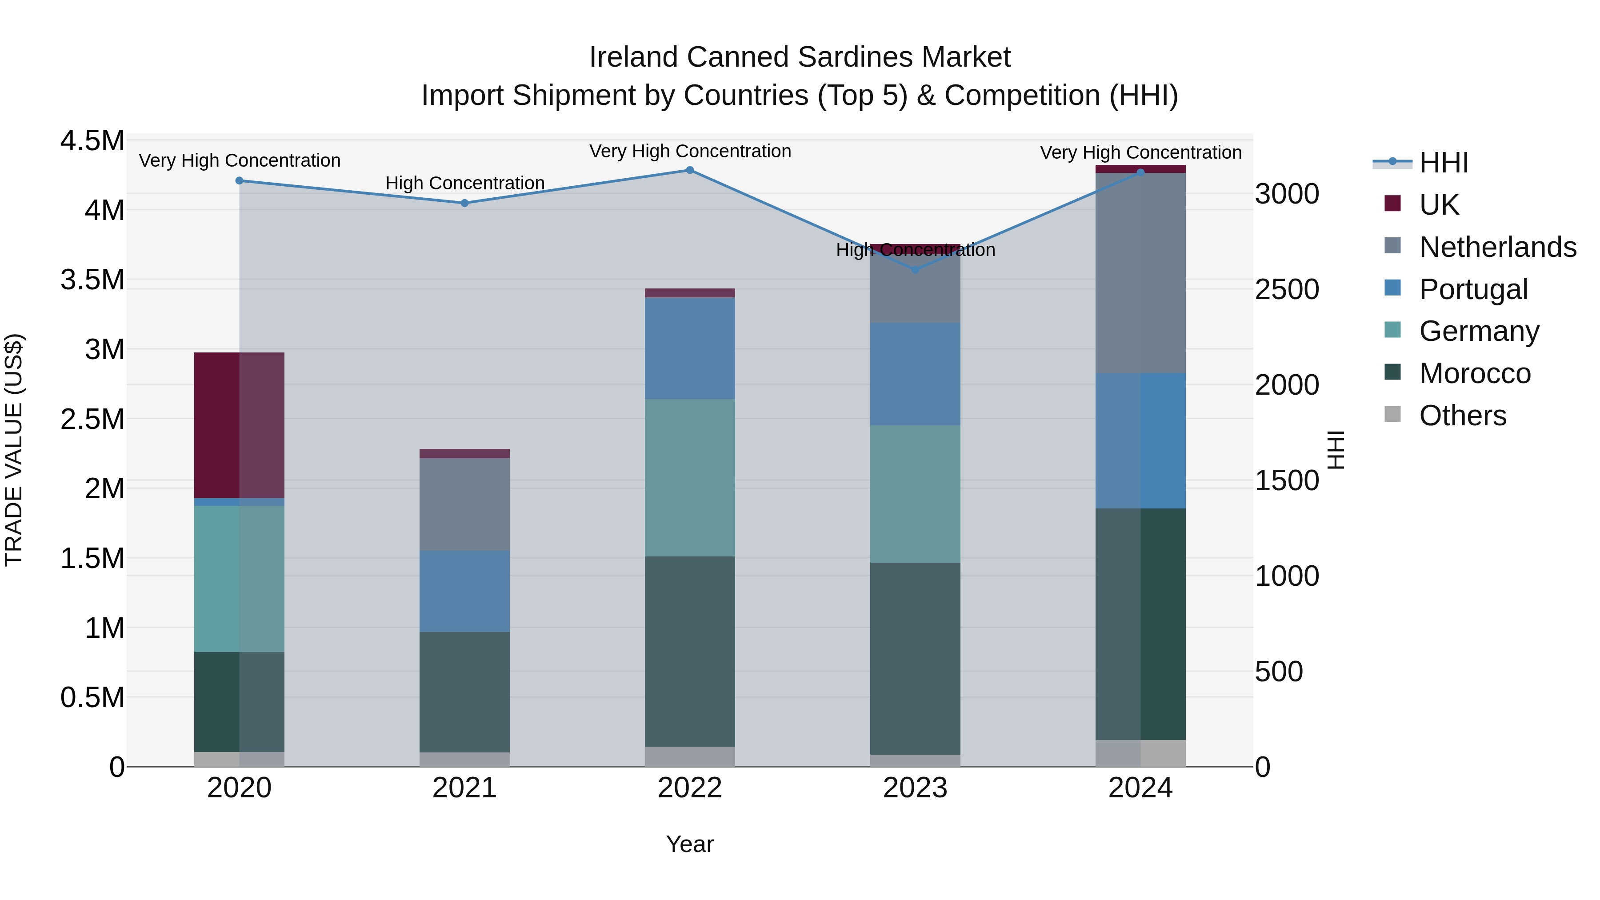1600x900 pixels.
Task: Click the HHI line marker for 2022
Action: pyautogui.click(x=689, y=170)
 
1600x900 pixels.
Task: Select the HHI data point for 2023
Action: pyautogui.click(x=915, y=270)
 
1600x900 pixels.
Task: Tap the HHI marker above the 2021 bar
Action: pyautogui.click(x=464, y=203)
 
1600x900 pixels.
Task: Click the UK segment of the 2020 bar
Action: pyautogui.click(x=239, y=425)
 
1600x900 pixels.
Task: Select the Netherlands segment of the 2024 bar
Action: pyautogui.click(x=1140, y=273)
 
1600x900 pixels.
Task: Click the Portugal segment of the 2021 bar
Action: pyautogui.click(x=464, y=591)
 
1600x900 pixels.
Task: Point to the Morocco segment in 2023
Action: pyautogui.click(x=915, y=658)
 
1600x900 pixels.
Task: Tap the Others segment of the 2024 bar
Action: pyautogui.click(x=1140, y=753)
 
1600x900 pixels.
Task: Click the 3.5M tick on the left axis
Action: pyautogui.click(x=92, y=280)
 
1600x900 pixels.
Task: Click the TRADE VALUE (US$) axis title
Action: pyautogui.click(x=14, y=450)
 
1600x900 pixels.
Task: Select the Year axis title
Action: pyautogui.click(x=689, y=844)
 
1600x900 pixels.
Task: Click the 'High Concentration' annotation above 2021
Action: pyautogui.click(x=464, y=183)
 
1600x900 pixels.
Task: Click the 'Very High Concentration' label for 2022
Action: pyautogui.click(x=689, y=151)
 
